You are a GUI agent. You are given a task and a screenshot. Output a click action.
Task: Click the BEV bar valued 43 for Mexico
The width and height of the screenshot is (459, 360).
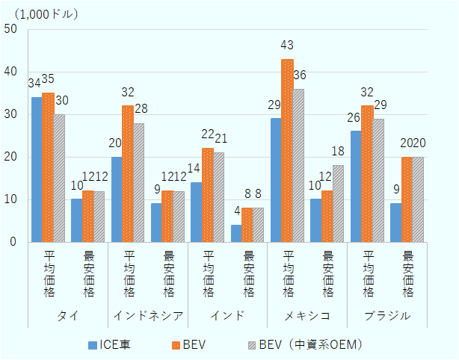(288, 150)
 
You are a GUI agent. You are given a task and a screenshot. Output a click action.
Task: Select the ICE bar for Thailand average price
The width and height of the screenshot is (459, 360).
(37, 170)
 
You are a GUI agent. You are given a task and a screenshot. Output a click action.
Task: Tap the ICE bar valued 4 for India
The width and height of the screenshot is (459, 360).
(236, 233)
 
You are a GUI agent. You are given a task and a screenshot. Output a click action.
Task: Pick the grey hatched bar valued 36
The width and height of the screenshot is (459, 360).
(299, 165)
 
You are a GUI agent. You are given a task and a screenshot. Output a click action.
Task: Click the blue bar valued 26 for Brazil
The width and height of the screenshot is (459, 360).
(356, 186)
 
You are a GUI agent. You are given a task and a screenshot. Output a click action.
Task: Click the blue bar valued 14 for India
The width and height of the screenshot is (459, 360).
(196, 211)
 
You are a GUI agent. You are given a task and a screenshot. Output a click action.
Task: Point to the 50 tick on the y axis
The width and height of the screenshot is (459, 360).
(10, 29)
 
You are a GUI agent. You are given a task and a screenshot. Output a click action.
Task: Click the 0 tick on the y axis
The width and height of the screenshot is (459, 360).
(13, 242)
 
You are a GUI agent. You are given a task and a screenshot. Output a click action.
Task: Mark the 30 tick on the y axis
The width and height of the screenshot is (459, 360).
(10, 114)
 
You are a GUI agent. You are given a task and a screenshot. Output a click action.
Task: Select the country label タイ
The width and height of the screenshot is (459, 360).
(67, 315)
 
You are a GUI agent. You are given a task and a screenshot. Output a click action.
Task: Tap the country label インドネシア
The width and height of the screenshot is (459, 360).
(147, 315)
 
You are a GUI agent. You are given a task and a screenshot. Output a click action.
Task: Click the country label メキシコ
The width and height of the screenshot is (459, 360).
(307, 315)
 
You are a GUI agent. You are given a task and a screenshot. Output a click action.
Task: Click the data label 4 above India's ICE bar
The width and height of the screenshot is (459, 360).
(236, 212)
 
